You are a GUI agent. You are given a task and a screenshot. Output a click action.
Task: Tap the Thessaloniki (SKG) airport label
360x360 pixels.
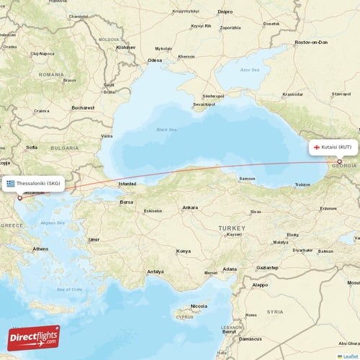click(x=38, y=184)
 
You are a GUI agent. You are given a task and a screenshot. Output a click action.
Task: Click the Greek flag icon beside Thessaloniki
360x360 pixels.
click(x=11, y=184)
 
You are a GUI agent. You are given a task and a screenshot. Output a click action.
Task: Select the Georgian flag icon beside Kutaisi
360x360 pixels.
click(x=316, y=147)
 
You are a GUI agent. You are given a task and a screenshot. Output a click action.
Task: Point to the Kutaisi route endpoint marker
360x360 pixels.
click(x=340, y=161)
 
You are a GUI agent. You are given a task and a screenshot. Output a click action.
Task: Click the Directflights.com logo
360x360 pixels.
click(x=33, y=338)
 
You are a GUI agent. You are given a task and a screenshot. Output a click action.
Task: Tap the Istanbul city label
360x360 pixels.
click(x=127, y=184)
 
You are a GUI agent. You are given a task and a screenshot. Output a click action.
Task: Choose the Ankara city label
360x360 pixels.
click(x=190, y=207)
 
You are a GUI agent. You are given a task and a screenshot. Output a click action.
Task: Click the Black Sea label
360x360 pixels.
click(x=166, y=130)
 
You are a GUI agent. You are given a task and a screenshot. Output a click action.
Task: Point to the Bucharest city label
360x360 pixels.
click(x=83, y=107)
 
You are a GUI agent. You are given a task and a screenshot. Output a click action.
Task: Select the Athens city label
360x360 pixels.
click(x=40, y=249)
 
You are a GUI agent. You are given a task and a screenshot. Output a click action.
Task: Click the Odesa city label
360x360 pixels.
click(x=155, y=60)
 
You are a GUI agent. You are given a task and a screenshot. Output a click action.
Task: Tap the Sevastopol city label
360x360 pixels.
click(x=204, y=104)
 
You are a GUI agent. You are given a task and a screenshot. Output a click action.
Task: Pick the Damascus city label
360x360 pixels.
click(x=251, y=338)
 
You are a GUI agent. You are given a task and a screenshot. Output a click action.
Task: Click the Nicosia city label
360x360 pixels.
click(x=199, y=306)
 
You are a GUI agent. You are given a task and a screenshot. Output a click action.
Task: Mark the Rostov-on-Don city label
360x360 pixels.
click(x=311, y=42)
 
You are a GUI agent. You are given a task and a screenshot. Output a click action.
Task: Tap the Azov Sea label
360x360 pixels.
click(x=250, y=70)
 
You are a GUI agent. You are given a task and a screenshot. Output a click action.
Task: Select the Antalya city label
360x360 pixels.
click(x=156, y=271)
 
